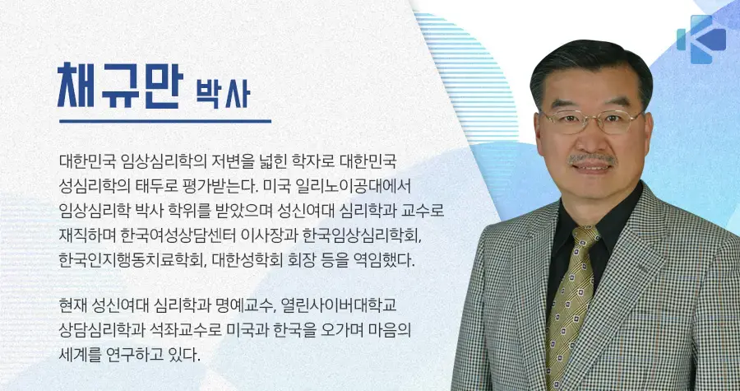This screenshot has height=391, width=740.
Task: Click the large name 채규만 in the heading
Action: (x=120, y=85)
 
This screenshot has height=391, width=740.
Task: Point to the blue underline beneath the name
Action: (x=165, y=121)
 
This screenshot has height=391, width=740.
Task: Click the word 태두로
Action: (x=155, y=186)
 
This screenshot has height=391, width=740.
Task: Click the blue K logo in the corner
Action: (x=701, y=40)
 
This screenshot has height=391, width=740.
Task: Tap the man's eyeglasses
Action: (x=592, y=121)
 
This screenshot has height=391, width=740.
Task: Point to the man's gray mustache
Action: (x=592, y=159)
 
